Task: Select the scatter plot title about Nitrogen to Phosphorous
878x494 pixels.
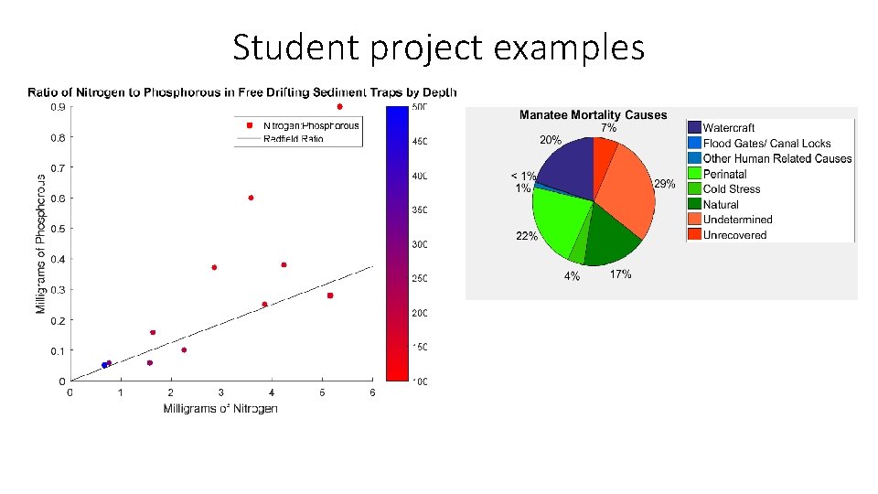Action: (x=242, y=91)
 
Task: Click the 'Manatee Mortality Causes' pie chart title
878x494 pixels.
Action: (x=593, y=115)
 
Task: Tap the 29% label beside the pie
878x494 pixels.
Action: (x=665, y=184)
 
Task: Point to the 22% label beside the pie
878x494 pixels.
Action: (x=527, y=236)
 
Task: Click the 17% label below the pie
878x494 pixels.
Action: (x=620, y=274)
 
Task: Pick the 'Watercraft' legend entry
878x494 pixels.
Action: (x=728, y=128)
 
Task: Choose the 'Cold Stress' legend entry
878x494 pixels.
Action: (x=731, y=189)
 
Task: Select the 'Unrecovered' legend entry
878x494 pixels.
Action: (x=734, y=235)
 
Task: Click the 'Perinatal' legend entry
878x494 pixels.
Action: (x=724, y=174)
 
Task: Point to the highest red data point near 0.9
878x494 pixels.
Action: (x=339, y=107)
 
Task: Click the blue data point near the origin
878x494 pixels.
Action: (x=104, y=365)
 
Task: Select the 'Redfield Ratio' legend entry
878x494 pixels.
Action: (x=293, y=139)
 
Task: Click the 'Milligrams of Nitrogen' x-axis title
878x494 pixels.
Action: (x=220, y=408)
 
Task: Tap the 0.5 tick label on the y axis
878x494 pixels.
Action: (x=57, y=229)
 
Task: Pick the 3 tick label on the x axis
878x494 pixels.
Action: (x=221, y=393)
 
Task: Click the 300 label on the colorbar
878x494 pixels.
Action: (x=419, y=244)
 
